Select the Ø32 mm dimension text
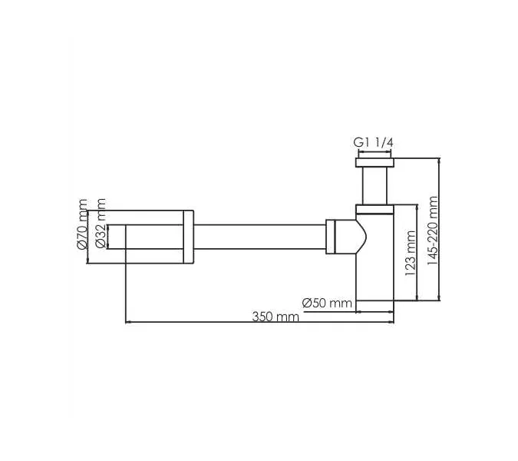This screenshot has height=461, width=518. pos(99,230)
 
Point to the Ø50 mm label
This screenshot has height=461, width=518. pos(327,303)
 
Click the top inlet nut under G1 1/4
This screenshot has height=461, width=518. pos(374,161)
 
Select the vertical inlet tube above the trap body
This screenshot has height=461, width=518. pos(374,185)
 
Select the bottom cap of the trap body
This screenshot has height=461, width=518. pos(374,306)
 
